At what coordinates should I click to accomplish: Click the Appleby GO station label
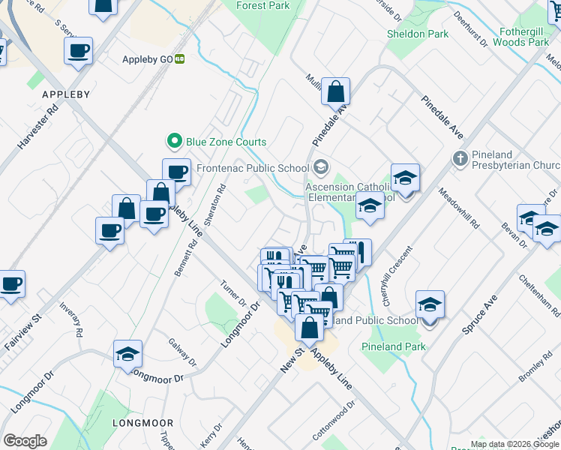[x=148, y=58]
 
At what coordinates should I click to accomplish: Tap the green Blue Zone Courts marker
[x=174, y=141]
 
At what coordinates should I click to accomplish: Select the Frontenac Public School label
[x=252, y=168]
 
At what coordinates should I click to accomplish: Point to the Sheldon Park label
[x=418, y=34]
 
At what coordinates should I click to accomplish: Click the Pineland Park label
[x=394, y=346]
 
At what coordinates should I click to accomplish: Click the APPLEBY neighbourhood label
[x=66, y=94]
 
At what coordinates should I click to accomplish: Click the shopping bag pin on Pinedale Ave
[x=336, y=92]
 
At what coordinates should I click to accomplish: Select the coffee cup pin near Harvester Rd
[x=78, y=52]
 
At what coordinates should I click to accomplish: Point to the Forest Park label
[x=262, y=5]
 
